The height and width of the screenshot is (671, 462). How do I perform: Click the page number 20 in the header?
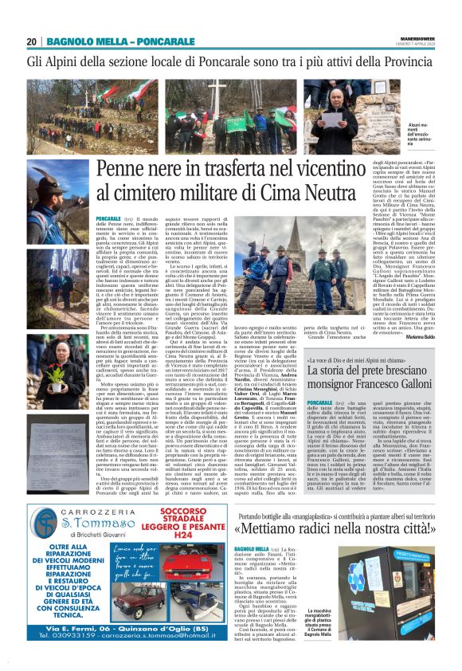(x=32, y=41)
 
